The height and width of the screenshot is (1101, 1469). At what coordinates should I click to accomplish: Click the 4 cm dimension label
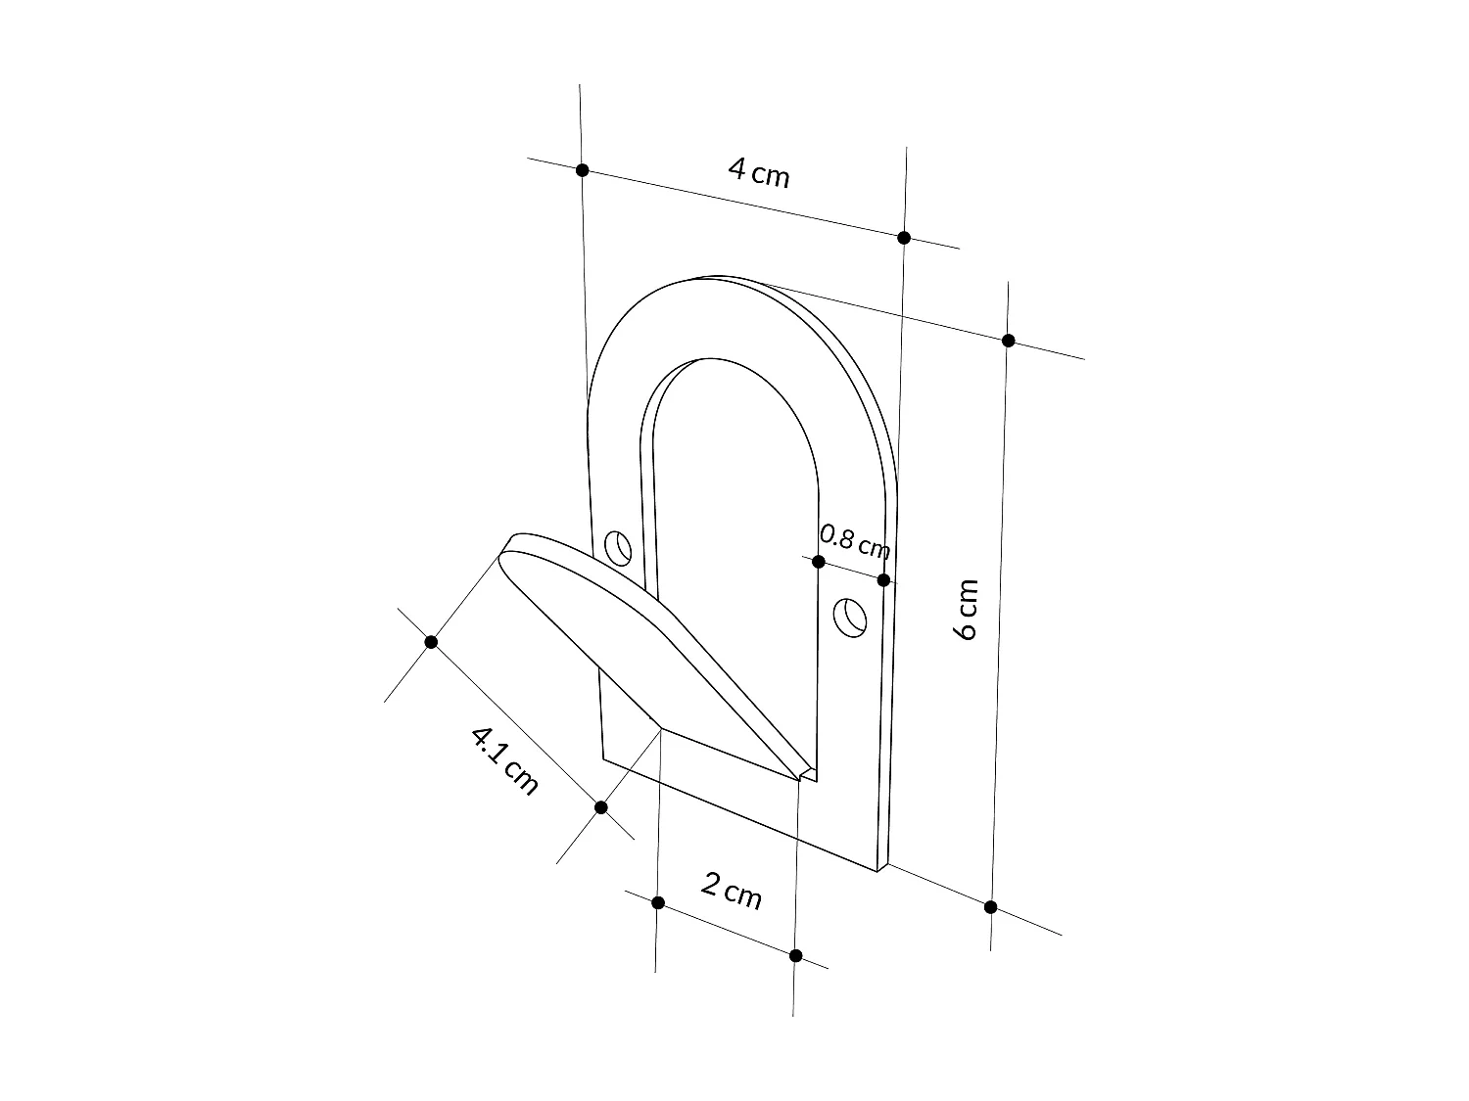tap(759, 173)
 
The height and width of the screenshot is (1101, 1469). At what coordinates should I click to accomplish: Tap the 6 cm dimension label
tap(966, 609)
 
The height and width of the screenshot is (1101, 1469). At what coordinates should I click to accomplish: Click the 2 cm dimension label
tap(732, 891)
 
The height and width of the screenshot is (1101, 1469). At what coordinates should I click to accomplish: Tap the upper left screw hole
tap(618, 548)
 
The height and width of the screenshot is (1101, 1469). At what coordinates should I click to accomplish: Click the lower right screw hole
tap(851, 618)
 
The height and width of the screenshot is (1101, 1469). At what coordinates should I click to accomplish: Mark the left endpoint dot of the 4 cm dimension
tap(582, 170)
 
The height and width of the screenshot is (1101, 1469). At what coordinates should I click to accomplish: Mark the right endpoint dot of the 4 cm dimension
tap(904, 238)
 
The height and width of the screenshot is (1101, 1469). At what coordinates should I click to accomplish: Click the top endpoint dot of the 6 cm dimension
tap(1009, 341)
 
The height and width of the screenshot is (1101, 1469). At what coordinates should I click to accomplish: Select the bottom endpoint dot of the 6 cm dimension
tap(990, 907)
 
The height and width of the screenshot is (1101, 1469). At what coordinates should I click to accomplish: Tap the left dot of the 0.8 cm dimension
tap(819, 562)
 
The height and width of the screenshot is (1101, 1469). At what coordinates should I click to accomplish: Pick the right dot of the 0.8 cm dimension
tap(883, 580)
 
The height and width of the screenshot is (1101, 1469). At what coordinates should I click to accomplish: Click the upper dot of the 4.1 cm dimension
tap(431, 642)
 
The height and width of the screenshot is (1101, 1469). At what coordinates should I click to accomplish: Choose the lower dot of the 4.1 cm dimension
tap(601, 807)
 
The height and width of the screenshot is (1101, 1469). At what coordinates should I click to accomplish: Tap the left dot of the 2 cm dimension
tap(658, 902)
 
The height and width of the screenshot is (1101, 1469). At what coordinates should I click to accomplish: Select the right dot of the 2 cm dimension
tap(795, 955)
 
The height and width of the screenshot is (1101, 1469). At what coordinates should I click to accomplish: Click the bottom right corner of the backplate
tap(881, 870)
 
